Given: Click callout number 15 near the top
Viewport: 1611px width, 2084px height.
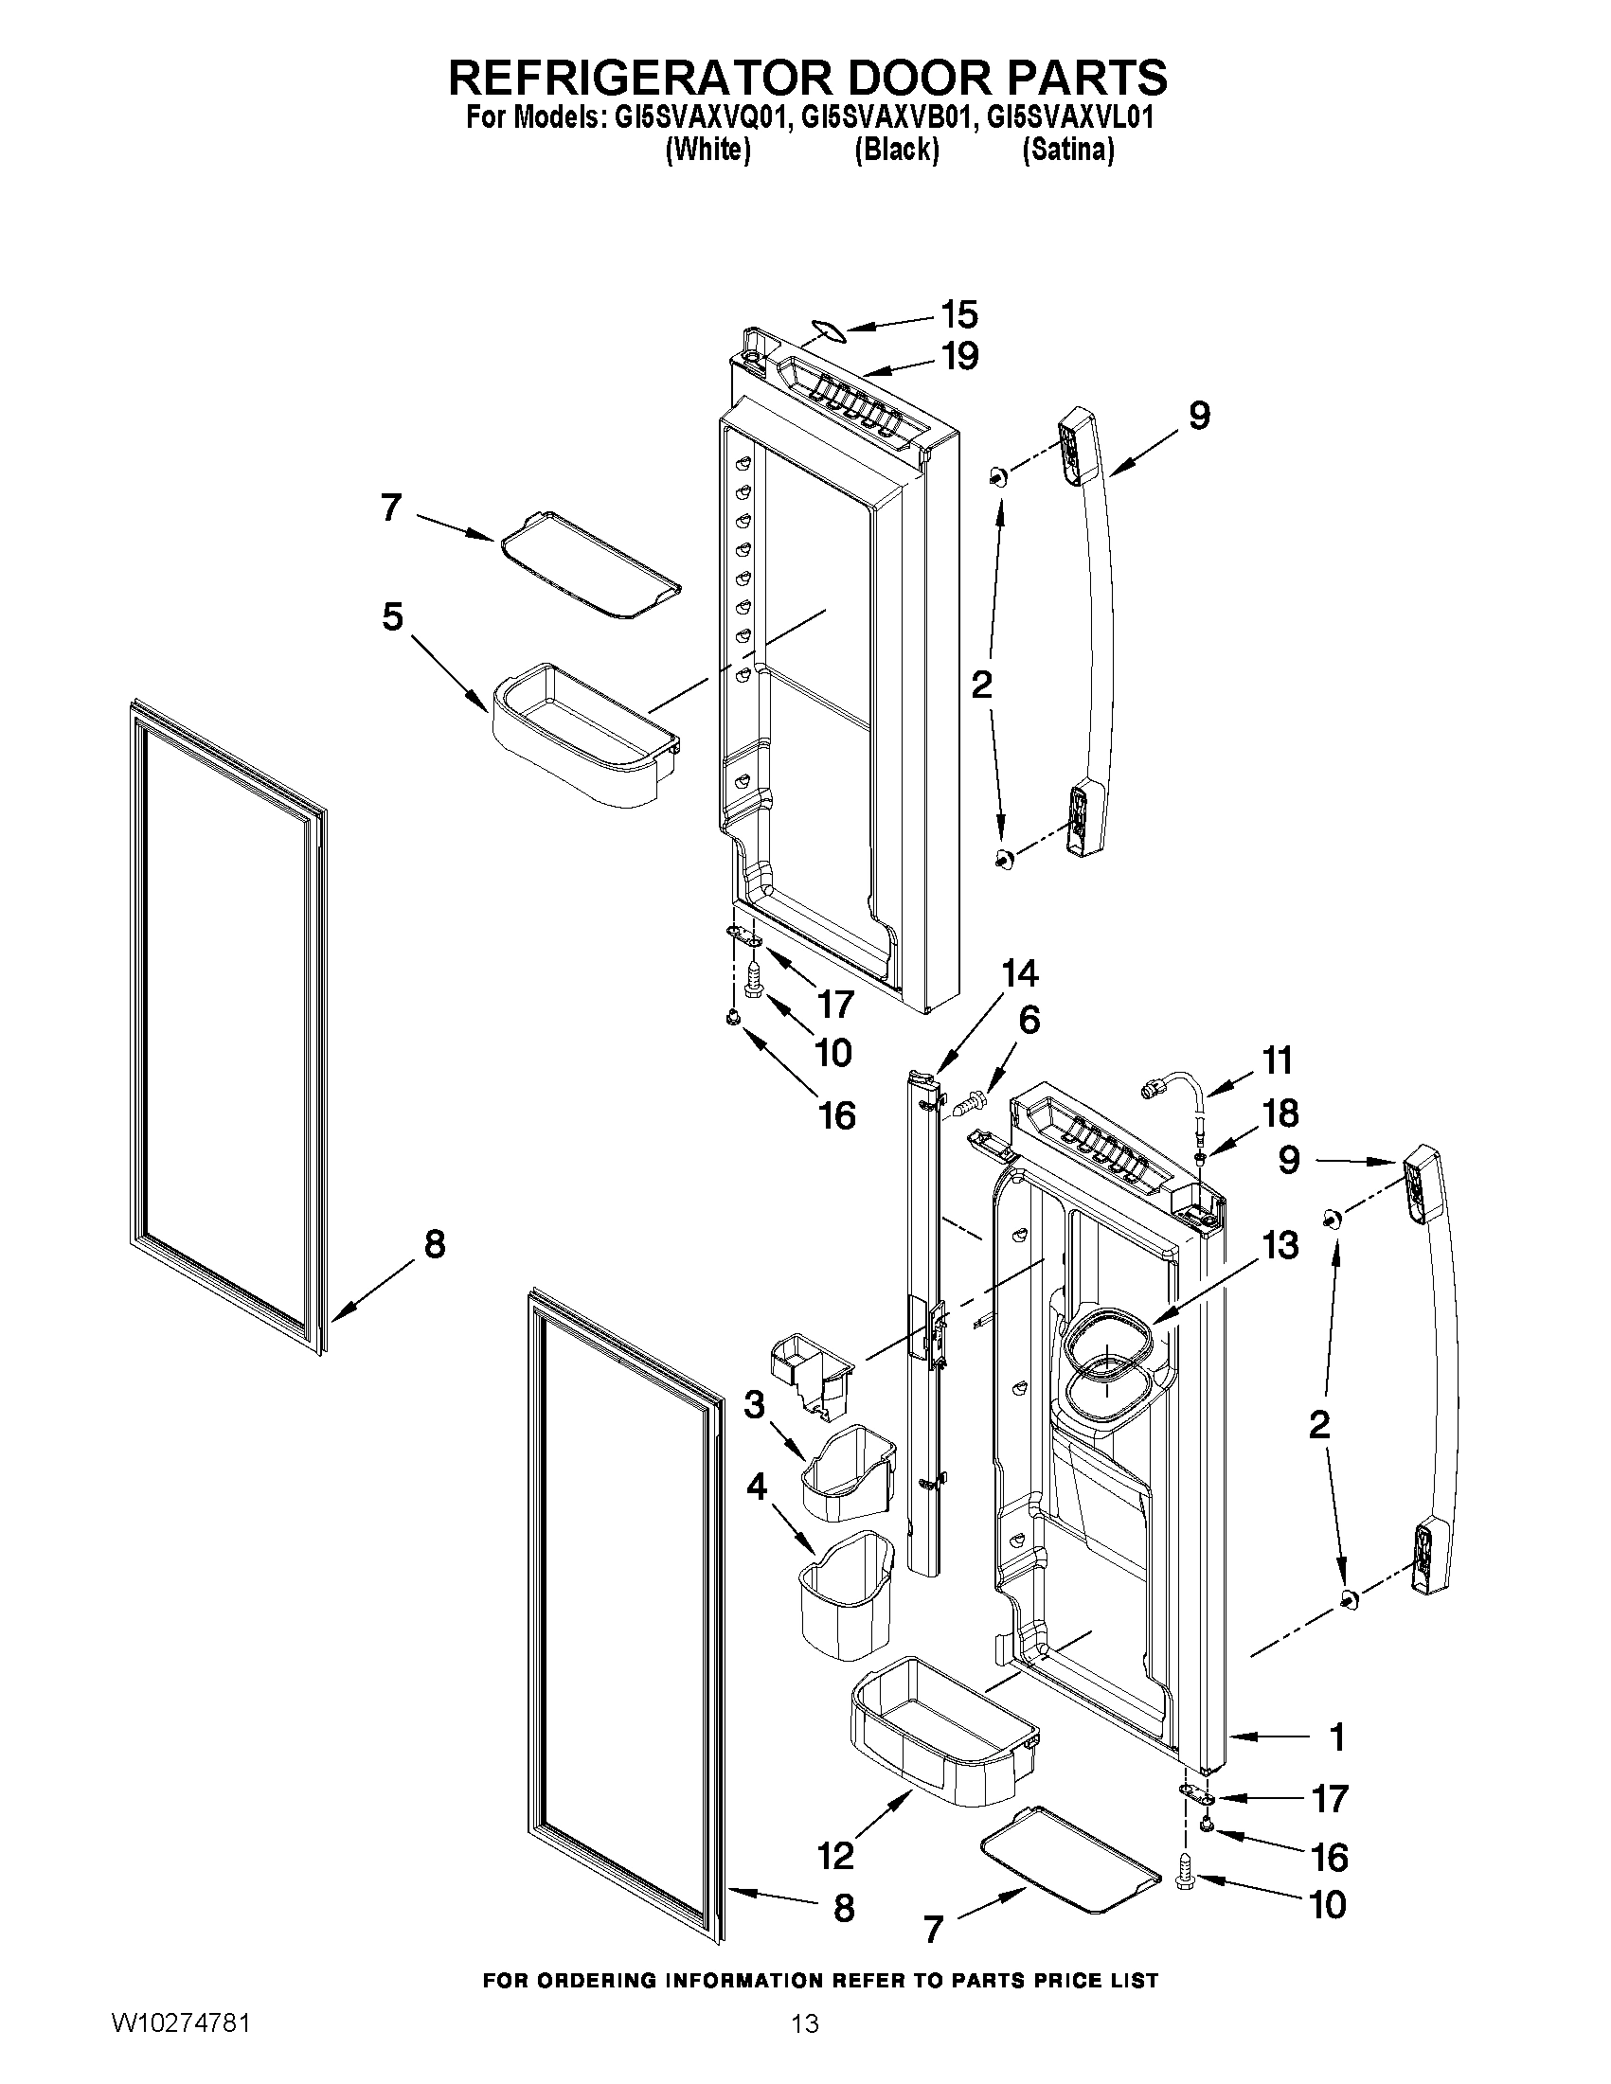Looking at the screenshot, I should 959,314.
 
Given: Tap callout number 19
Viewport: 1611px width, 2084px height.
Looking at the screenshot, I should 959,356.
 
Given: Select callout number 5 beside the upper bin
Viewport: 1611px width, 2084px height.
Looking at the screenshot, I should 392,617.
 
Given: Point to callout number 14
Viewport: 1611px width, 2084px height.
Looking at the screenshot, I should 1019,974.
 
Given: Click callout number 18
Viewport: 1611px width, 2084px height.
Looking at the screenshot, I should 1280,1113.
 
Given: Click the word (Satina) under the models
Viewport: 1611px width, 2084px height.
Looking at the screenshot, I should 1068,150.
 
